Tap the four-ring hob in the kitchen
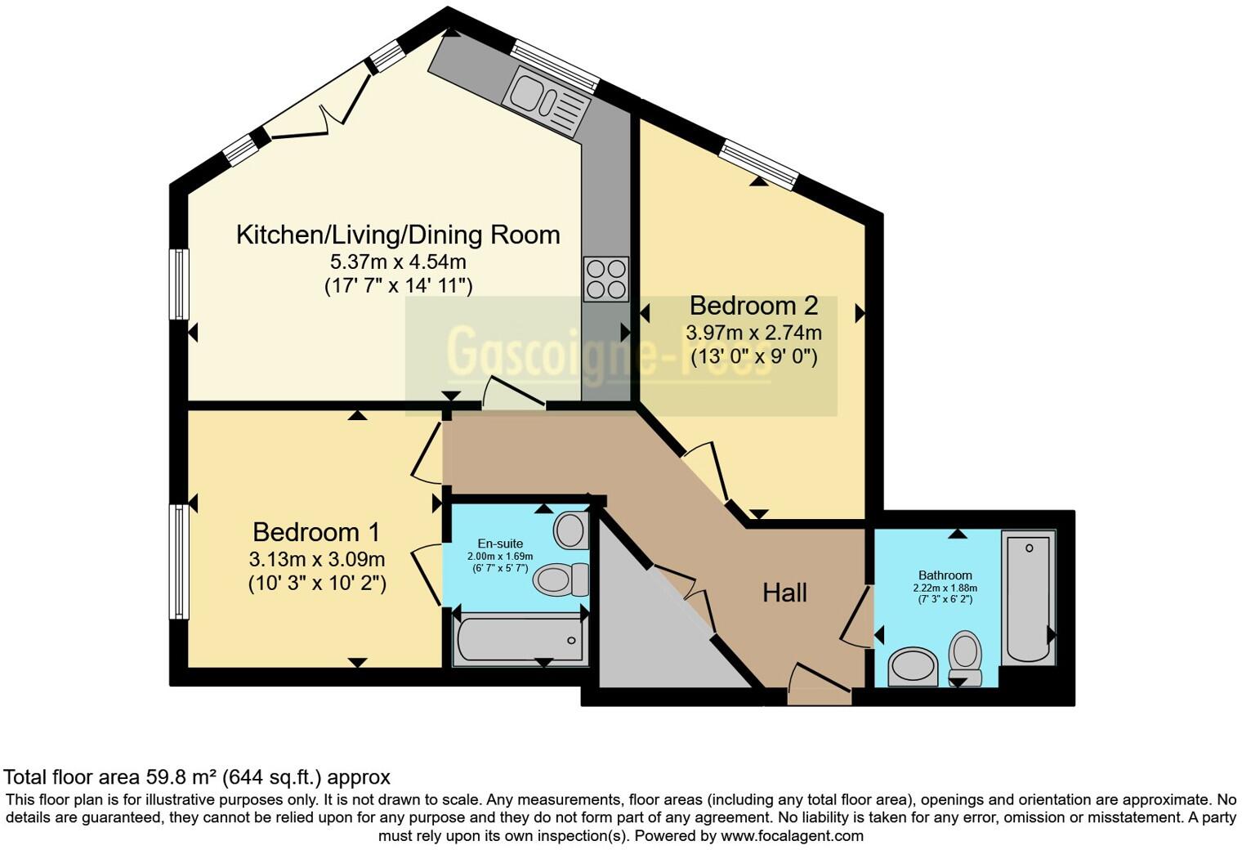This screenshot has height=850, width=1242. click(x=605, y=279)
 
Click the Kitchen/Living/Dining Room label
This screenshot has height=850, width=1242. click(x=398, y=235)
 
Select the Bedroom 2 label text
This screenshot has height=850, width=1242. click(x=753, y=306)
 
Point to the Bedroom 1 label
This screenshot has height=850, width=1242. click(x=316, y=532)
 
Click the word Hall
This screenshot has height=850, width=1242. click(x=784, y=593)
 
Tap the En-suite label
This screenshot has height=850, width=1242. click(x=500, y=544)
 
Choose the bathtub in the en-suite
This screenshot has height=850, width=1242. click(x=520, y=639)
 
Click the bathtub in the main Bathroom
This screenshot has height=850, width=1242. click(x=1028, y=597)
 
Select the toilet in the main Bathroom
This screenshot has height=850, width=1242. click(x=965, y=656)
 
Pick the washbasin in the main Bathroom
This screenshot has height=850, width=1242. click(x=914, y=666)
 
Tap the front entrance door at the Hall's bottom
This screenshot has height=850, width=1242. click(x=819, y=687)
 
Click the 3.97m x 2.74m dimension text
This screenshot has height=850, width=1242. click(x=753, y=333)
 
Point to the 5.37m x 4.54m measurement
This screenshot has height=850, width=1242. click(x=398, y=262)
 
